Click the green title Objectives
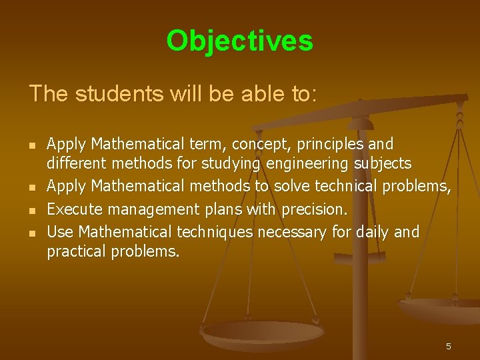point(239,41)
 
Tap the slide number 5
point(449,346)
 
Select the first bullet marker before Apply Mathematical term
point(31,145)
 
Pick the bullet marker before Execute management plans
point(31,211)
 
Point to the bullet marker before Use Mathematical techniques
point(31,233)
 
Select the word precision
point(314,209)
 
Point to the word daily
point(371,231)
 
